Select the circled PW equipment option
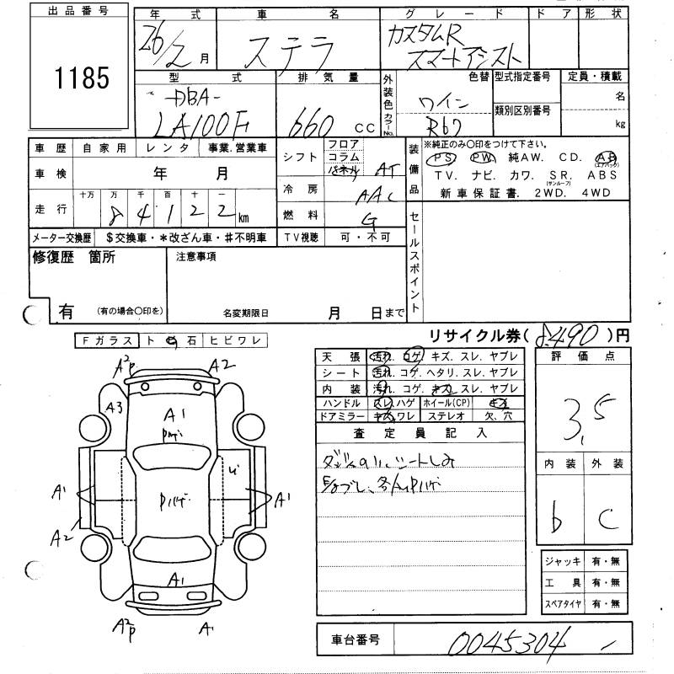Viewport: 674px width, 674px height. pos(480,158)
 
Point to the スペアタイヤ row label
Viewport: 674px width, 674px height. pos(561,604)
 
